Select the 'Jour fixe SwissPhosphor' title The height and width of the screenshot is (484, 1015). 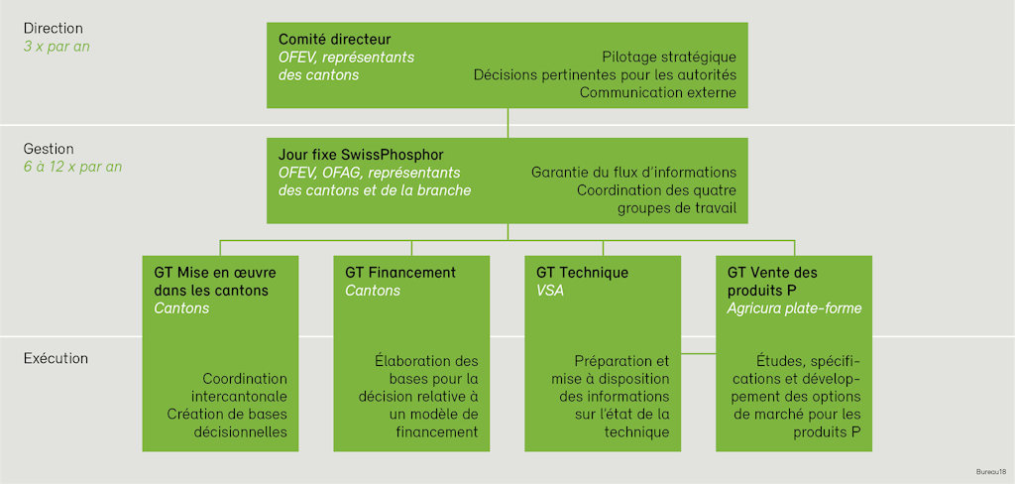coord(361,155)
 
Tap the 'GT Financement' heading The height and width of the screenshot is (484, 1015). coord(400,272)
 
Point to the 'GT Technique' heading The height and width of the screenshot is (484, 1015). coord(582,272)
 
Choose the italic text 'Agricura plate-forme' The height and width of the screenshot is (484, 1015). coord(794,308)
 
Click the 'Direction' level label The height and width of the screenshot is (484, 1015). coord(54,29)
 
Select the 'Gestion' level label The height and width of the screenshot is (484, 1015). coord(49,149)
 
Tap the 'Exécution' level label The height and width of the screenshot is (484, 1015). coord(56,358)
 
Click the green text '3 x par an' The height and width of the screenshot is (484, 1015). coord(56,47)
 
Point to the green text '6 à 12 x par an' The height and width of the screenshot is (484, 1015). coord(72,167)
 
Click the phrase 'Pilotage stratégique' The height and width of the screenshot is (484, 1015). coord(669,57)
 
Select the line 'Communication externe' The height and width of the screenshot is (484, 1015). coord(658,93)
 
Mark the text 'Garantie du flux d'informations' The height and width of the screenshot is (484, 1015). coord(634,173)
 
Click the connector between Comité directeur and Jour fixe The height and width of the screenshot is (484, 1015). coord(507,122)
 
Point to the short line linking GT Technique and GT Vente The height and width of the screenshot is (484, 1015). coord(698,354)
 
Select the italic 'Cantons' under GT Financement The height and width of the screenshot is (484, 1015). coord(373,291)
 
